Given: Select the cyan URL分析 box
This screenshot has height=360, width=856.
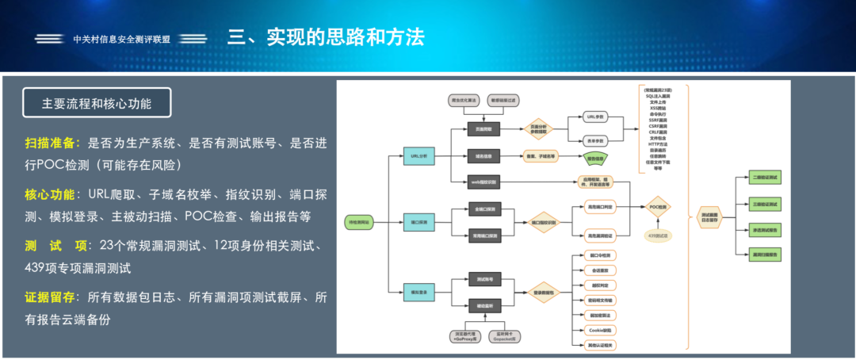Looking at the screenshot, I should tap(419, 157).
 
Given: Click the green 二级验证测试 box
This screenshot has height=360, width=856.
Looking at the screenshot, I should tap(765, 177).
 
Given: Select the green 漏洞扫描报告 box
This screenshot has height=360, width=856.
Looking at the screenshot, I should tap(765, 254).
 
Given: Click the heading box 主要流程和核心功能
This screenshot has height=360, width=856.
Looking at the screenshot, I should tap(97, 103).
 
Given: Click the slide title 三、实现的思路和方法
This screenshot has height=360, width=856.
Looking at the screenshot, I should tap(326, 37).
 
